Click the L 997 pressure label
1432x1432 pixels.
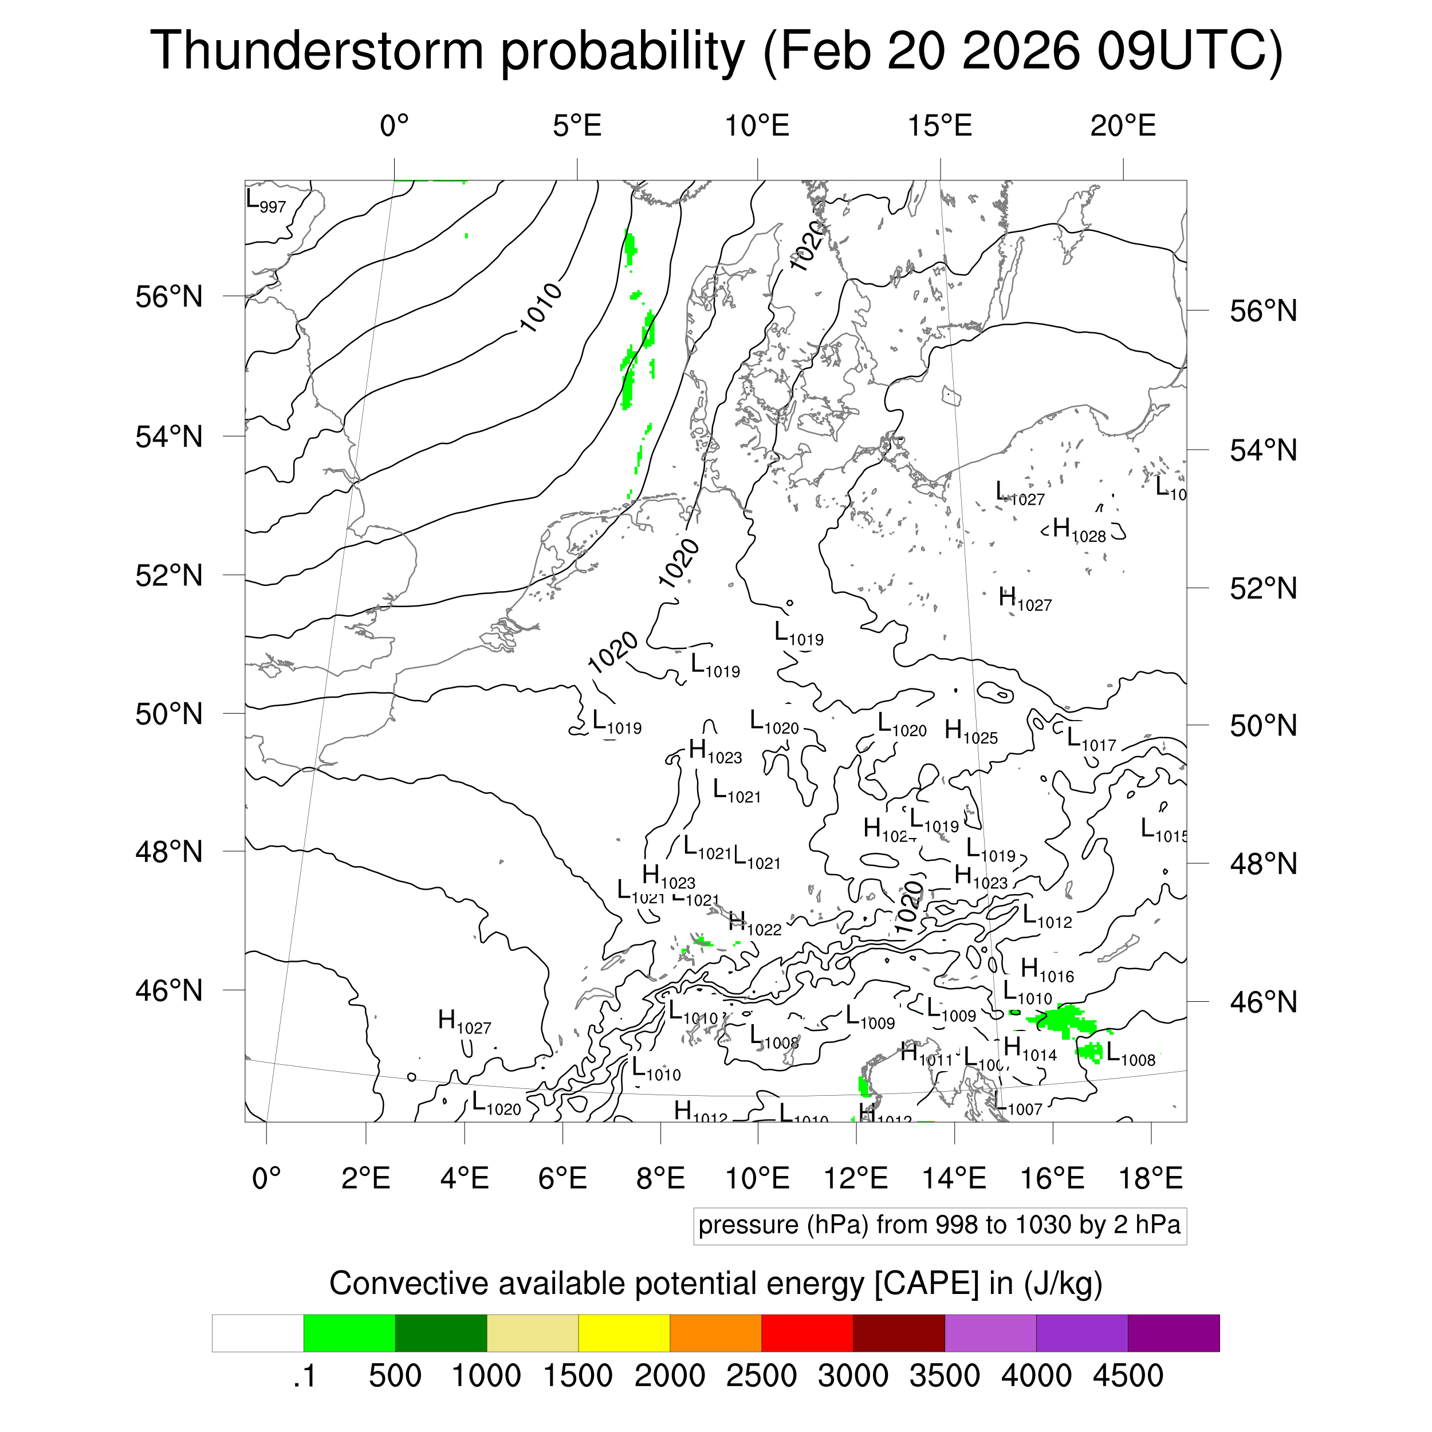(x=265, y=202)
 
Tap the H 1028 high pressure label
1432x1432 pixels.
(x=1079, y=531)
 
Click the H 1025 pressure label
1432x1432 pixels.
(x=971, y=732)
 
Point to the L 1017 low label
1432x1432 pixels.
(x=1090, y=739)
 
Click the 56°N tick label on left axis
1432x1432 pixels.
(x=169, y=297)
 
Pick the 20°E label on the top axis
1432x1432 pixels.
(x=1122, y=127)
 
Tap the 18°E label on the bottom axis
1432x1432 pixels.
(x=1150, y=1178)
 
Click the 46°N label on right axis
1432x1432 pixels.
(x=1263, y=1003)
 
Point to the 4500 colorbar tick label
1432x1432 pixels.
(x=1127, y=1376)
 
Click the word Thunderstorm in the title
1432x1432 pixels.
(x=317, y=50)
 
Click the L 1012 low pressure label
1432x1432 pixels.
(x=1047, y=918)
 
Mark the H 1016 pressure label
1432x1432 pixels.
(x=1047, y=970)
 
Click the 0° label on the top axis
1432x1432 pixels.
(x=394, y=127)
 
